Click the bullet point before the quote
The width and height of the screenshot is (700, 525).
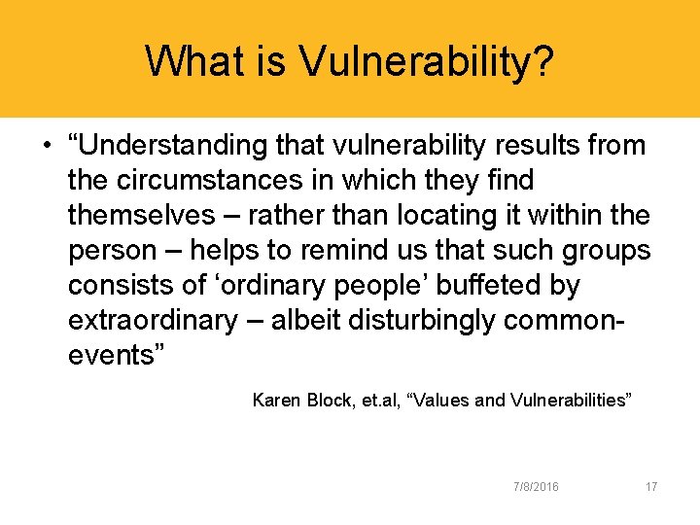coord(46,147)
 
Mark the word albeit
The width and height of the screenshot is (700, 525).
coord(307,321)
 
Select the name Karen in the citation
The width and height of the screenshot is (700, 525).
coord(276,400)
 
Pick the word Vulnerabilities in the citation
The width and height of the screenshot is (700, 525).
coord(570,400)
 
